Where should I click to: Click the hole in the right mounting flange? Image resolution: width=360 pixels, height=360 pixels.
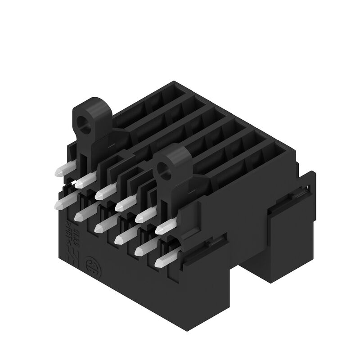(167, 170)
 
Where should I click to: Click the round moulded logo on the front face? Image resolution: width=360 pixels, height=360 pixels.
(90, 264)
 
